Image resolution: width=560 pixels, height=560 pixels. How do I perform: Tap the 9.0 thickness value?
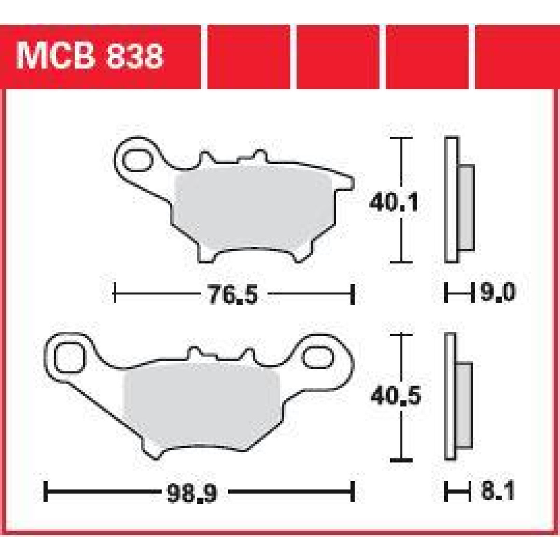click(x=496, y=293)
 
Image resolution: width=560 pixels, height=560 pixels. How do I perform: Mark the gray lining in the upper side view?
click(x=466, y=207)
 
